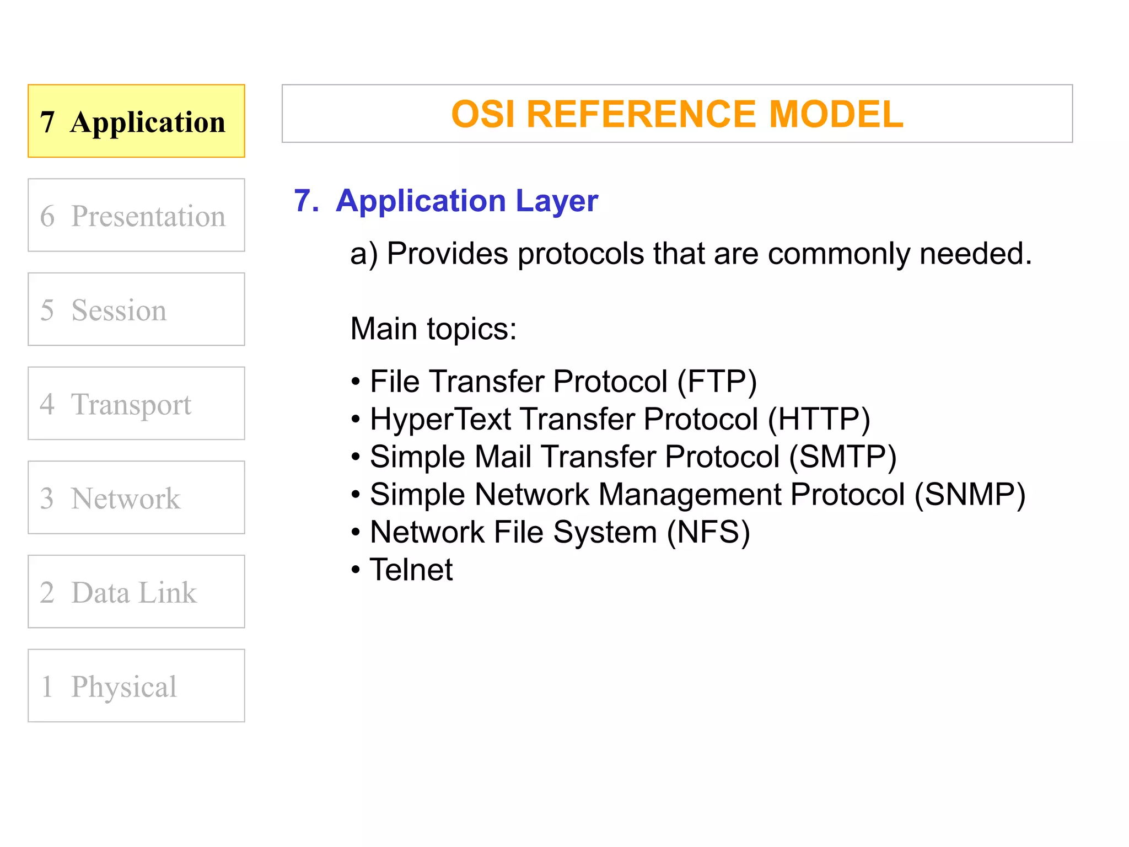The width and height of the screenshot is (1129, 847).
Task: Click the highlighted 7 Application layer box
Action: (136, 121)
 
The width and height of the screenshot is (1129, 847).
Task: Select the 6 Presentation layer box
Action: (136, 215)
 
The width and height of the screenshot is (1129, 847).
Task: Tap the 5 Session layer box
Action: (136, 309)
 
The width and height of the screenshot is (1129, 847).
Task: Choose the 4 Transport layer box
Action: (136, 403)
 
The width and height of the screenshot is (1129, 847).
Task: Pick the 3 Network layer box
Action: (136, 497)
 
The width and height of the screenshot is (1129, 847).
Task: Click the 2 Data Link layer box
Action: (136, 592)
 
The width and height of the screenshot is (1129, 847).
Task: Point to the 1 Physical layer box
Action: (136, 685)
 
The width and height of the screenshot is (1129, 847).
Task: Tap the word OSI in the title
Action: (483, 114)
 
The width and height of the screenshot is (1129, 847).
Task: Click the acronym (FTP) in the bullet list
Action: (717, 382)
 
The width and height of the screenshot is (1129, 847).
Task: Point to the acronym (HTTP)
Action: (819, 419)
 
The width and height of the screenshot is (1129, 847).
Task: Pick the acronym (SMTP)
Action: (842, 457)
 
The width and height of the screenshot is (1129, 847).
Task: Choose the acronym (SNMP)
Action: (970, 494)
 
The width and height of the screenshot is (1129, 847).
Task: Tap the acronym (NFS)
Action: (708, 532)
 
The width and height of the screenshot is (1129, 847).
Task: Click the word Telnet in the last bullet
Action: (411, 570)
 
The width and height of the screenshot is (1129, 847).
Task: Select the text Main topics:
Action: (433, 329)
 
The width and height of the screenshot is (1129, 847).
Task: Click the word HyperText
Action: (440, 419)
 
